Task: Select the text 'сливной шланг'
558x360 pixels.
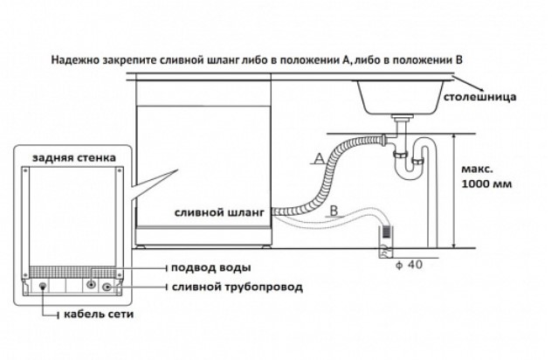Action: tap(222, 211)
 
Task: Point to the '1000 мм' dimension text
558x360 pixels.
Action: tap(489, 185)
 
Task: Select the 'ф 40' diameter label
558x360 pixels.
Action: tap(409, 265)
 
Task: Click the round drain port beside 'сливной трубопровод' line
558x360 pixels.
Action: tap(107, 286)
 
